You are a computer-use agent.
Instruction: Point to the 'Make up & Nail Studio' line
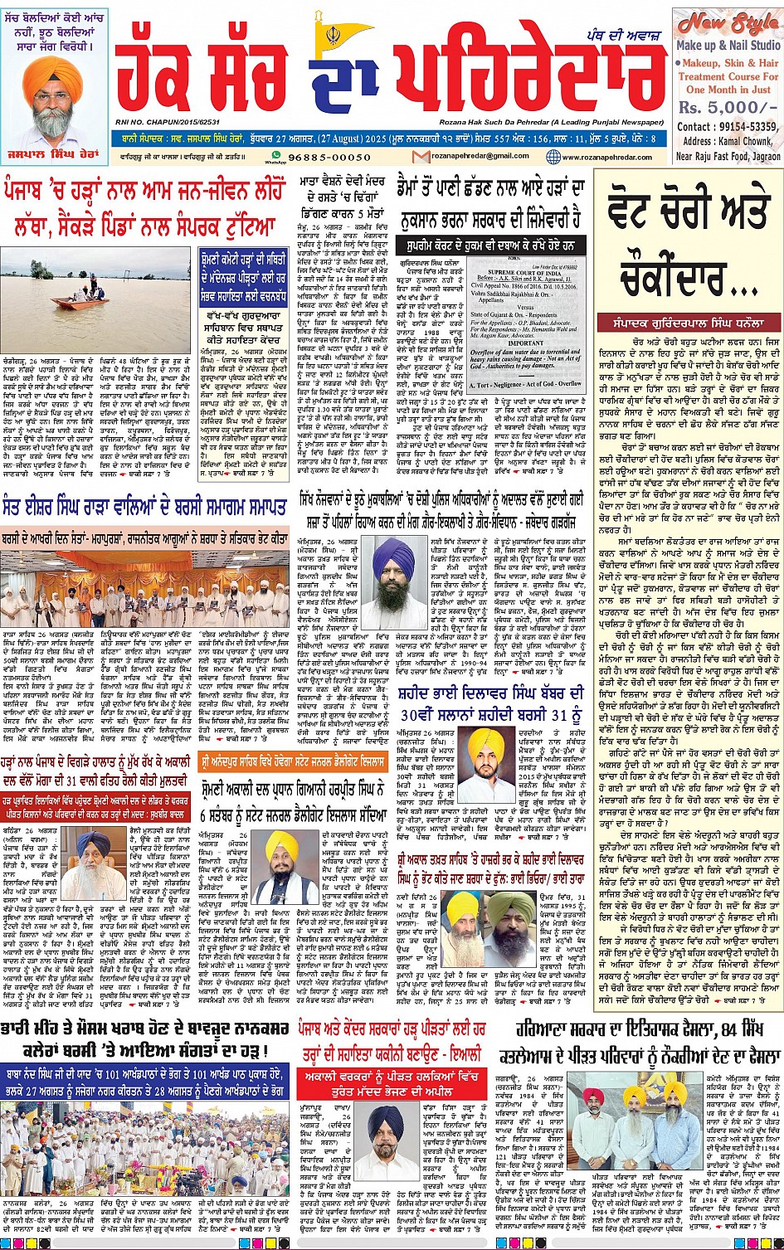(728, 46)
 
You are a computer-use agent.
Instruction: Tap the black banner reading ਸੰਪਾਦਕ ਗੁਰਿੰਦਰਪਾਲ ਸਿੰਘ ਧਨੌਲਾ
(687, 319)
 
